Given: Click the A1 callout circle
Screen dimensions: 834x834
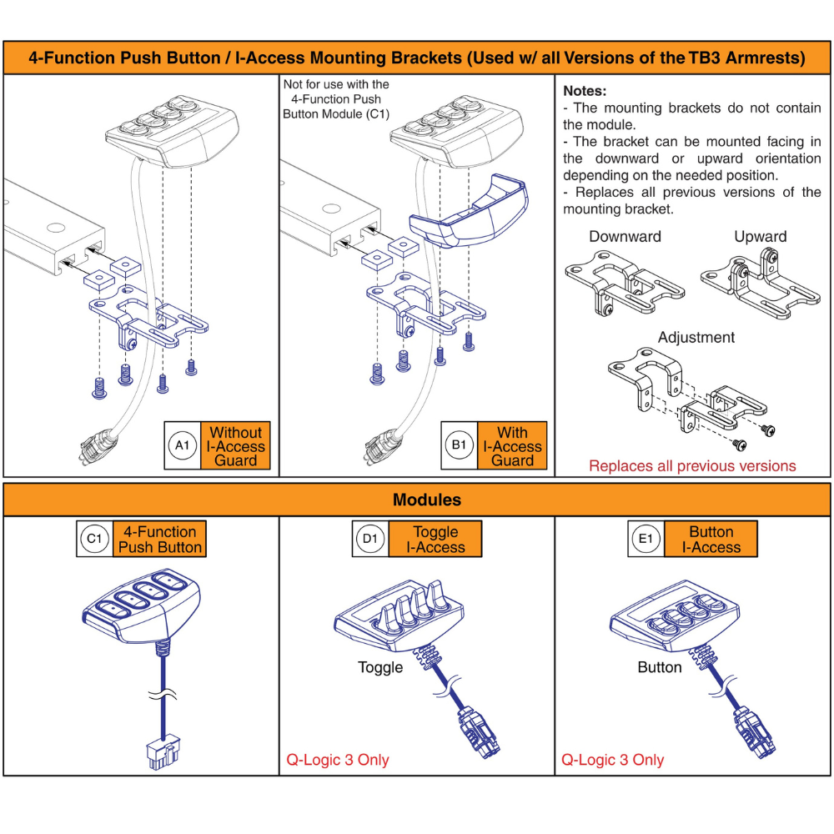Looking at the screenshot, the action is pyautogui.click(x=183, y=445).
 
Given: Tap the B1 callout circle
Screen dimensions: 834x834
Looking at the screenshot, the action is pyautogui.click(x=459, y=445).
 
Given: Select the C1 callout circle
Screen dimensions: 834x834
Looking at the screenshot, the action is pyautogui.click(x=95, y=539).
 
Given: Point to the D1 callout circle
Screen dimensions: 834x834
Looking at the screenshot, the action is pyautogui.click(x=370, y=539).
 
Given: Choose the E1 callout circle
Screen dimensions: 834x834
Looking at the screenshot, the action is pyautogui.click(x=646, y=539).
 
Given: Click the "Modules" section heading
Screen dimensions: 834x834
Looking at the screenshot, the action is pyautogui.click(x=426, y=500).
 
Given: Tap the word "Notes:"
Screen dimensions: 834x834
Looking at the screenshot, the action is pyautogui.click(x=585, y=91).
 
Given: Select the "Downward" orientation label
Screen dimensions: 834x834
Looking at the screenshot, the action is pyautogui.click(x=625, y=237).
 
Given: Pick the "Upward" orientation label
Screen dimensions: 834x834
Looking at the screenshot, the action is pyautogui.click(x=760, y=237).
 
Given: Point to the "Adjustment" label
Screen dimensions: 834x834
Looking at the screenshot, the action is pyautogui.click(x=696, y=337).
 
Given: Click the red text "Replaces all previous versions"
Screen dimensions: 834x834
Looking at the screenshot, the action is pyautogui.click(x=692, y=466).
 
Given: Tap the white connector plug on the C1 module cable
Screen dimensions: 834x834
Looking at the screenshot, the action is pyautogui.click(x=163, y=751).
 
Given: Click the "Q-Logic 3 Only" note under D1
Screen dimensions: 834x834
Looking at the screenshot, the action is pyautogui.click(x=338, y=760).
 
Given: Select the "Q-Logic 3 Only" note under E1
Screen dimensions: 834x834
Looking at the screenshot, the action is pyautogui.click(x=613, y=760).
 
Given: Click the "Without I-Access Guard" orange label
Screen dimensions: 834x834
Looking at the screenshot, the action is pyautogui.click(x=236, y=445).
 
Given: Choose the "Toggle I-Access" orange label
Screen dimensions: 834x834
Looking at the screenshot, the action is pyautogui.click(x=435, y=539).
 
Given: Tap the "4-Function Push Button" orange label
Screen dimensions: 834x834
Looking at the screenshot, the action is pyautogui.click(x=159, y=539).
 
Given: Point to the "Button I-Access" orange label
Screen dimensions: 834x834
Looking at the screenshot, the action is pyautogui.click(x=711, y=539).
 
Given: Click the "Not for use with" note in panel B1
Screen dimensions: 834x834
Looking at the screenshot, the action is pyautogui.click(x=336, y=99).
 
